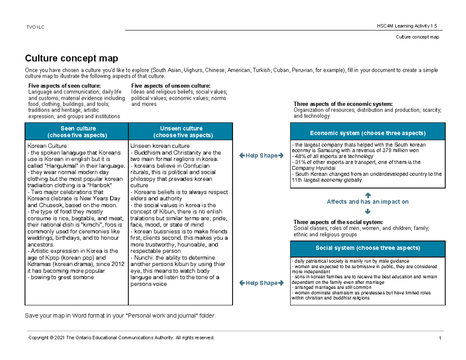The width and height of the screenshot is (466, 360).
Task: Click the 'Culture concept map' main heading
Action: click(x=71, y=59)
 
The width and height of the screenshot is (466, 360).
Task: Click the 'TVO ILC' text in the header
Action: click(x=35, y=27)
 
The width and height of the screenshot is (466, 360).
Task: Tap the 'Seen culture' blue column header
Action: click(x=76, y=132)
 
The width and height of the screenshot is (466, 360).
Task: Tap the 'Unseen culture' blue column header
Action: click(x=181, y=132)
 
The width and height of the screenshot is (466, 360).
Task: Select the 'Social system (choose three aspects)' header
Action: click(x=368, y=248)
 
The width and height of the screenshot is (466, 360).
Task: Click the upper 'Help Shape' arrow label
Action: click(x=261, y=156)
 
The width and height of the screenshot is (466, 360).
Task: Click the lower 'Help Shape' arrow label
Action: click(x=261, y=283)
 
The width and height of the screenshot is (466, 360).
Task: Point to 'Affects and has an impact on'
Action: click(x=368, y=202)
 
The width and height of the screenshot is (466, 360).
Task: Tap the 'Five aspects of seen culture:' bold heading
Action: click(x=64, y=86)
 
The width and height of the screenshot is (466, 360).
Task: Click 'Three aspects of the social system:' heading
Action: click(x=338, y=222)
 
